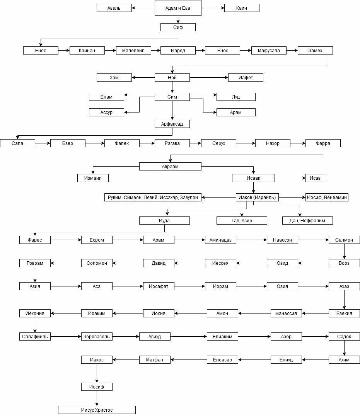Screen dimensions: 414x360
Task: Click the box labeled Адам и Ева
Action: pyautogui.click(x=178, y=8)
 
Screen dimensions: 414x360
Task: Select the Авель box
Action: pyautogui.click(x=114, y=8)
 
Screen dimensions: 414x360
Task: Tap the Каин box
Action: pyautogui.click(x=242, y=8)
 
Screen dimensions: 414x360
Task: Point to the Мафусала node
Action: pyautogui.click(x=269, y=51)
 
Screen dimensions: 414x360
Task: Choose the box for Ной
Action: pyautogui.click(x=172, y=78)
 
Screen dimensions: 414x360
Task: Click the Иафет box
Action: pyautogui.click(x=246, y=78)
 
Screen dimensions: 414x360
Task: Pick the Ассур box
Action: pyautogui.click(x=106, y=112)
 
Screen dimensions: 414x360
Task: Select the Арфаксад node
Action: pyautogui.click(x=172, y=124)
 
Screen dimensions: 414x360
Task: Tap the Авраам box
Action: pyautogui.click(x=170, y=167)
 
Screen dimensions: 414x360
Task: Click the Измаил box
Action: pyautogui.click(x=93, y=178)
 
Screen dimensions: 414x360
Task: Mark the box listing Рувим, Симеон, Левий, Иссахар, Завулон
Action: pyautogui.click(x=153, y=198)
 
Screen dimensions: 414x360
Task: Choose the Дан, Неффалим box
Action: pyautogui.click(x=307, y=221)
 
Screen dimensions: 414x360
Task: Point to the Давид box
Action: pyautogui.click(x=159, y=263)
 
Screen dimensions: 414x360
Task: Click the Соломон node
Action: pyautogui.click(x=97, y=263)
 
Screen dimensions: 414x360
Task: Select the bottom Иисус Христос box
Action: pyautogui.click(x=97, y=410)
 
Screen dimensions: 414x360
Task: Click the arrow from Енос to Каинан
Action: pyautogui.click(x=64, y=51)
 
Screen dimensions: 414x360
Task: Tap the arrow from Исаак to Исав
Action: pyautogui.click(x=290, y=178)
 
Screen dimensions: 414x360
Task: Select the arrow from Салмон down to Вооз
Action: pyautogui.click(x=344, y=252)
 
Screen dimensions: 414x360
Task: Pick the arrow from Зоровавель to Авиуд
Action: pyautogui.click(x=126, y=337)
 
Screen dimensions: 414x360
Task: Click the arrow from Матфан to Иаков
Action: pyautogui.click(x=126, y=360)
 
